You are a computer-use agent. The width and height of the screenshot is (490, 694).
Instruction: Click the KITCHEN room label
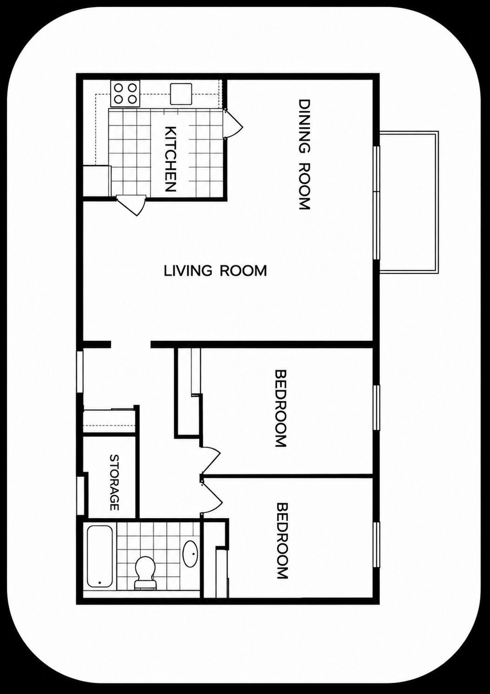point(170,159)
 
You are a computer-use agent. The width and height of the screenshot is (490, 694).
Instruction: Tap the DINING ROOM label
point(304,154)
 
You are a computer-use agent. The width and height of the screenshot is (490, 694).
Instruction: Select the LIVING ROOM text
point(215,270)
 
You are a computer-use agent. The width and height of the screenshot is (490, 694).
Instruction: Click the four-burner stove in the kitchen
point(125,93)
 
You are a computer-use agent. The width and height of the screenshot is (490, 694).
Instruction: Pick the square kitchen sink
point(181,93)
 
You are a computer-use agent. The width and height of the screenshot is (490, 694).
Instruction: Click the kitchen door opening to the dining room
point(232,124)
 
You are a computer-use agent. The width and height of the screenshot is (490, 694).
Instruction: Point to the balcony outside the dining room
point(409,202)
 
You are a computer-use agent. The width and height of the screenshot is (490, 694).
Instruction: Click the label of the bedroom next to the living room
point(281,408)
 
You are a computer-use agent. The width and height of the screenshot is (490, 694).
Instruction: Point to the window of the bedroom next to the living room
point(376,407)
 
